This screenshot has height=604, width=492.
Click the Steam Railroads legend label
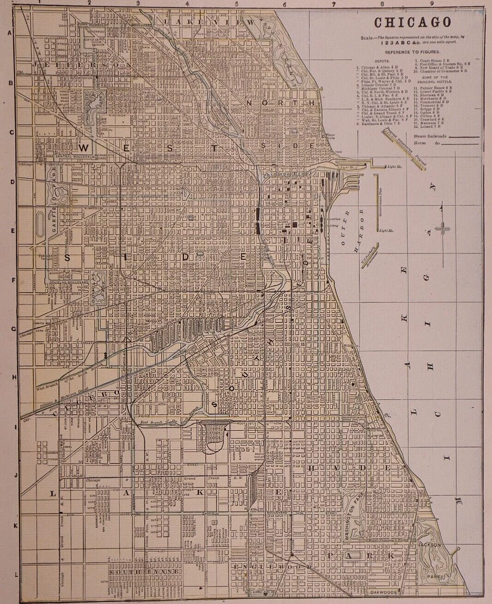coord(430,135)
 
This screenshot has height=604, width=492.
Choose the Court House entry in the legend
coord(434,60)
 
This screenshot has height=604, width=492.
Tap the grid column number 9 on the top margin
coord(432,3)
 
